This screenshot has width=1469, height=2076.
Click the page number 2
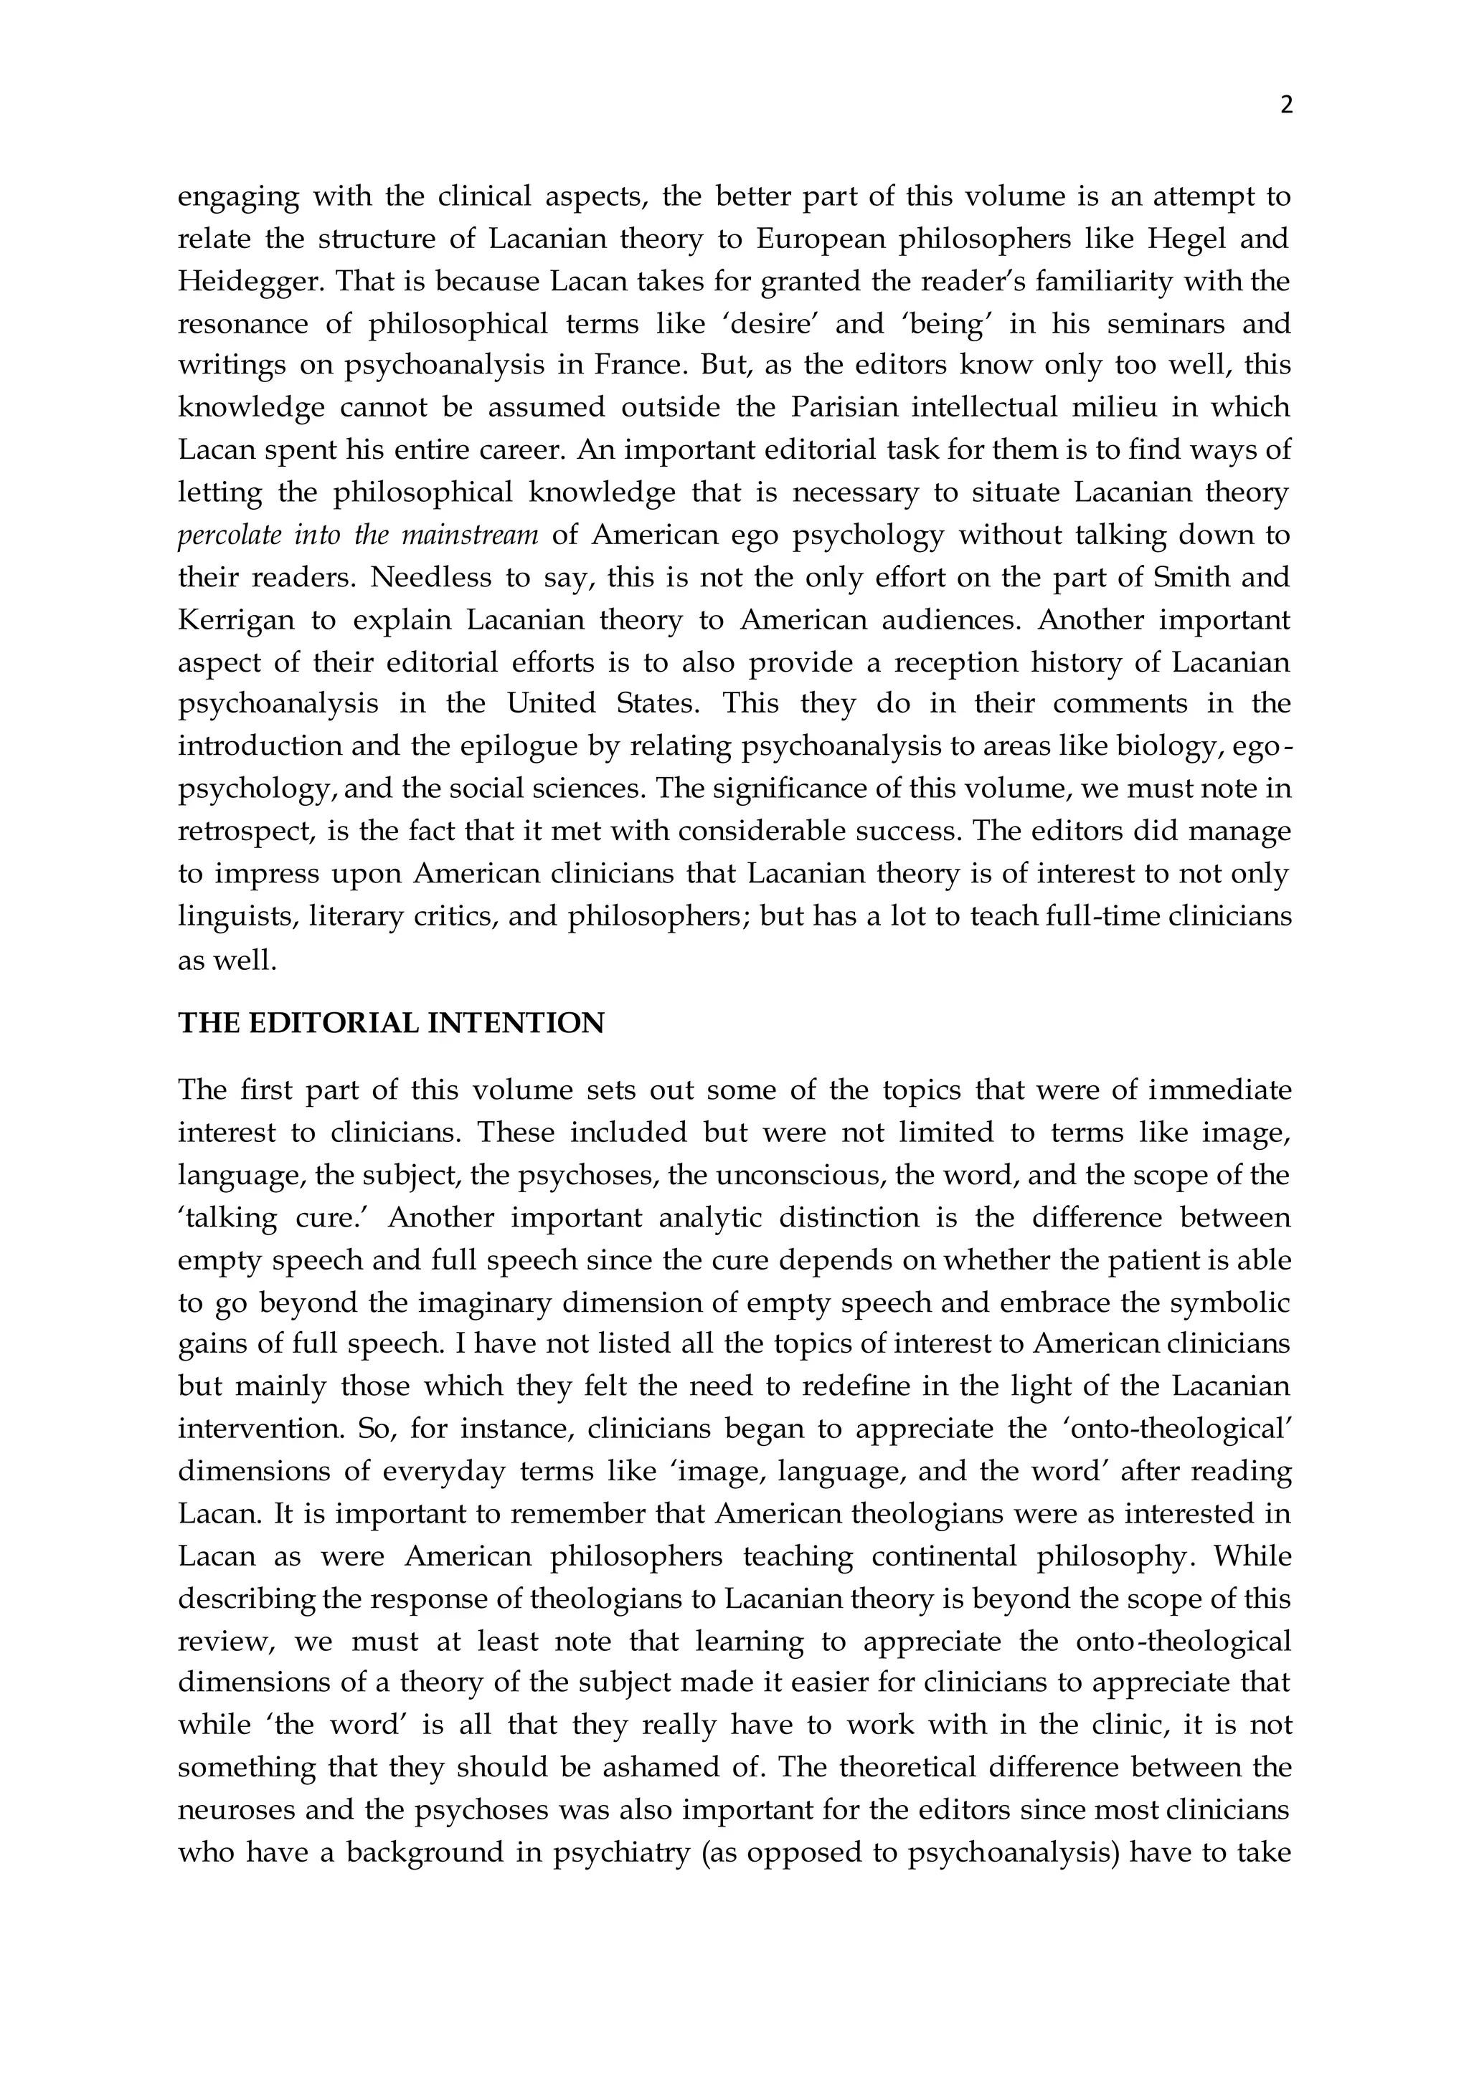[1286, 106]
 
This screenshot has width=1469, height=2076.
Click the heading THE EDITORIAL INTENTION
[391, 1023]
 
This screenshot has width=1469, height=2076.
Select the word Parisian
[845, 408]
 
